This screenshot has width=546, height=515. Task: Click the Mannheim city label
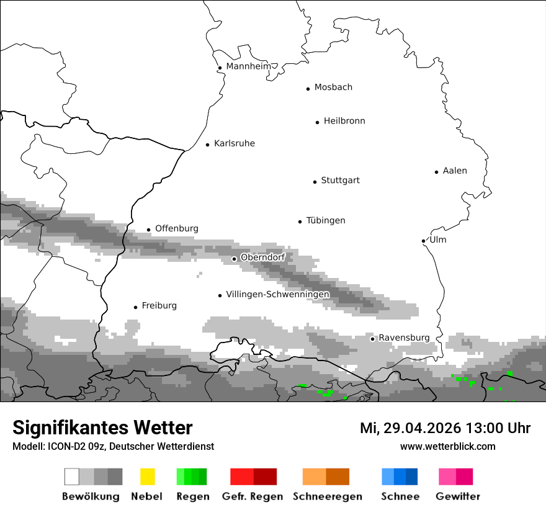248,66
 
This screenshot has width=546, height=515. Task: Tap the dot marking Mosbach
308,89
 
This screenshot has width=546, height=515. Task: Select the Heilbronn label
344,121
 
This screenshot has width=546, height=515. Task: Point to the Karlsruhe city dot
208,145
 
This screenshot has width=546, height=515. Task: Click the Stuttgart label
340,181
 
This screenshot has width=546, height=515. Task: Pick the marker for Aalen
437,172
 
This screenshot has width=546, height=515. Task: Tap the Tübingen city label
326,220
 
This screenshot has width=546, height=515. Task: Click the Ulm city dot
423,241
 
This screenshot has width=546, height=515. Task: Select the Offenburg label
177,228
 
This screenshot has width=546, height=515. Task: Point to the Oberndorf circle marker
234,259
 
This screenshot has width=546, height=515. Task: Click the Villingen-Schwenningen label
277,294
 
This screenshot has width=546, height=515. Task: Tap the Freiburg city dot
135,307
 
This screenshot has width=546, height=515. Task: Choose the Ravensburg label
404,338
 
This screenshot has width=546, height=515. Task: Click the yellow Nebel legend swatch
147,477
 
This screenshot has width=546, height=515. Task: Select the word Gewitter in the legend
458,496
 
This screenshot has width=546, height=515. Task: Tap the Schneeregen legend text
328,496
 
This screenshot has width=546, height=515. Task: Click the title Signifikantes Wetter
102,428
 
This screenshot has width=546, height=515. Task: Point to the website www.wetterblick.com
447,446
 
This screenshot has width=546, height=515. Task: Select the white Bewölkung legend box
72,477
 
